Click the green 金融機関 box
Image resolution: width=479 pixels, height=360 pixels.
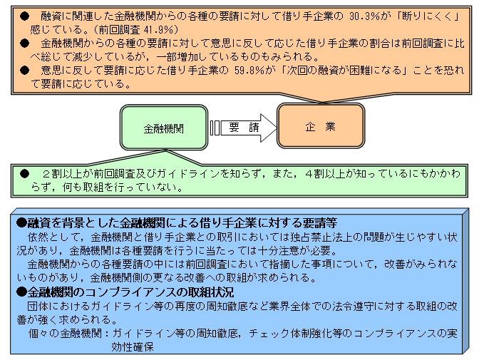164,128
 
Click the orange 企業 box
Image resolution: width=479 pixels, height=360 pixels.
321,125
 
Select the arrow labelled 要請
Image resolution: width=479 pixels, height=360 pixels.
244,128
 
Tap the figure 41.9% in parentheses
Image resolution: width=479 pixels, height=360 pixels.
158,30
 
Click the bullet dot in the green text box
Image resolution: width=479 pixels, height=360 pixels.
24,174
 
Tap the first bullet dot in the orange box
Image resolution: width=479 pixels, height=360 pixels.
24,16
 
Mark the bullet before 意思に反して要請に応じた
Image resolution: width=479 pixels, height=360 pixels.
24,71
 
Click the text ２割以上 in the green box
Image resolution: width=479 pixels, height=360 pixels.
62,174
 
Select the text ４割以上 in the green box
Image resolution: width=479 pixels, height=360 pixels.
325,174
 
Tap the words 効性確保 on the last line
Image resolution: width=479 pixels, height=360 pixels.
133,347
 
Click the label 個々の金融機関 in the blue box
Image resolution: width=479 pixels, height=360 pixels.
65,333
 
